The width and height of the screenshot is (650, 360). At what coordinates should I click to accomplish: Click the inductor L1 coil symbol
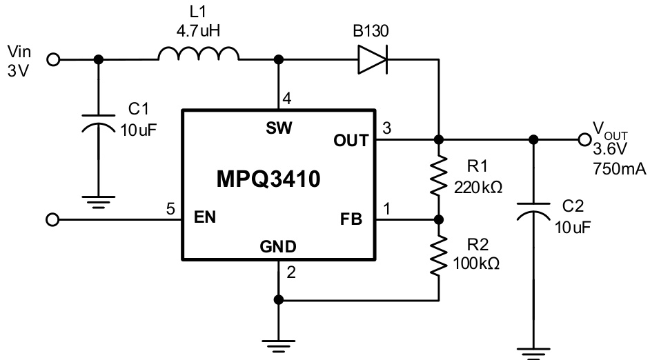tap(199, 55)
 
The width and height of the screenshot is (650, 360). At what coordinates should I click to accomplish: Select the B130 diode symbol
tap(373, 60)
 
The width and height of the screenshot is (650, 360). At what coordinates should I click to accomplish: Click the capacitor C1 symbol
tap(99, 124)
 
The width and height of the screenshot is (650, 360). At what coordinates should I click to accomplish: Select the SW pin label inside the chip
tap(279, 128)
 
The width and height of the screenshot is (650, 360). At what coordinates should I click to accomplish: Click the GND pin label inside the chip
tap(279, 246)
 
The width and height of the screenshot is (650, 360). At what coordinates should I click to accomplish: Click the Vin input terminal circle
tap(53, 60)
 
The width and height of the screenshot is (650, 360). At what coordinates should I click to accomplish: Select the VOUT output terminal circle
tap(584, 139)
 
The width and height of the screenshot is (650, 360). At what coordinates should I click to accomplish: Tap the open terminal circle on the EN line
tap(53, 220)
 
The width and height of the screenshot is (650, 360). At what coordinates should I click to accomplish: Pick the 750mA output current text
tap(618, 169)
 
